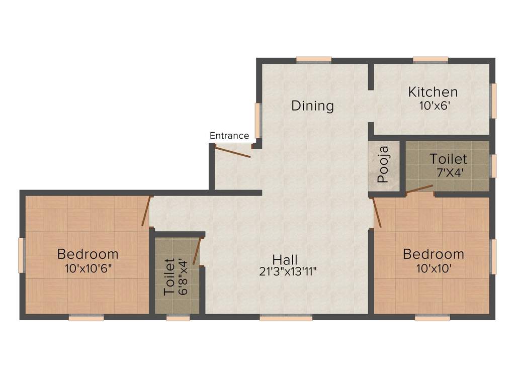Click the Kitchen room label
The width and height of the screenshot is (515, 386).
click(433, 92)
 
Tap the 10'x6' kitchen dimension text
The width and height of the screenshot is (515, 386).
click(434, 106)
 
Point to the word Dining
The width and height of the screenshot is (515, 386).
click(313, 106)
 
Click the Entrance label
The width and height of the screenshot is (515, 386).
click(229, 136)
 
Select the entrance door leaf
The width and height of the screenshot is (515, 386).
click(233, 152)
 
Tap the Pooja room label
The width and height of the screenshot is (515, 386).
click(383, 164)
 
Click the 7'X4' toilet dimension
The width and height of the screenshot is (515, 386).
click(450, 173)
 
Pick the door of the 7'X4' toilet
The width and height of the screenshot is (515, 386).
click(419, 188)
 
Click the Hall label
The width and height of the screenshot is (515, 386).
click(285, 260)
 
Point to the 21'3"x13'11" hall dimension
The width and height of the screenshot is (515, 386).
click(288, 271)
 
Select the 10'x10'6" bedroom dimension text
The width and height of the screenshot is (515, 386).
click(88, 268)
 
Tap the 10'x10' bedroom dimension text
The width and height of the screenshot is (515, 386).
click(434, 268)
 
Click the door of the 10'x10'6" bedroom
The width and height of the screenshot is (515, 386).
click(146, 211)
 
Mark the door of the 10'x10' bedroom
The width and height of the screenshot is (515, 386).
click(377, 213)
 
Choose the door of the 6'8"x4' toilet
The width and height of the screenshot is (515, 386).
click(197, 251)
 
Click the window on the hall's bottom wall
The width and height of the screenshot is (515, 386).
click(286, 318)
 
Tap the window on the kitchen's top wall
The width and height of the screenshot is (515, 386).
click(431, 60)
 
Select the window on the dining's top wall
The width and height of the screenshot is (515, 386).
click(314, 60)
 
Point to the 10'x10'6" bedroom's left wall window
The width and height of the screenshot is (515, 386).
click(22, 255)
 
